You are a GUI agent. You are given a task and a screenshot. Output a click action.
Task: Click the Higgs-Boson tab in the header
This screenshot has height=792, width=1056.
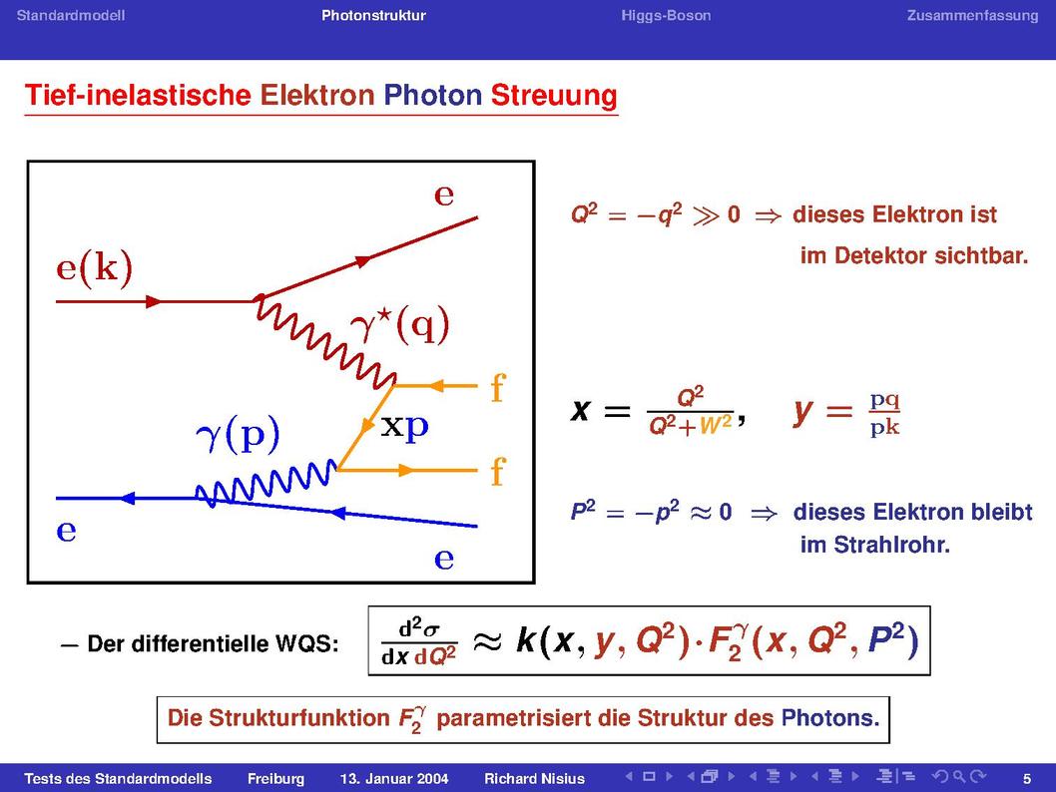[x=666, y=16]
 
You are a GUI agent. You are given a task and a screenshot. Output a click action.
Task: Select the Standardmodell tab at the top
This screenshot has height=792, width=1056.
[x=71, y=16]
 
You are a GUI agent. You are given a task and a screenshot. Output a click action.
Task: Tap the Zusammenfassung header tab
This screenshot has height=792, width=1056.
[x=972, y=16]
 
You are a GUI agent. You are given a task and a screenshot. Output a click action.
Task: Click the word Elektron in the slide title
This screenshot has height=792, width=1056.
[x=317, y=95]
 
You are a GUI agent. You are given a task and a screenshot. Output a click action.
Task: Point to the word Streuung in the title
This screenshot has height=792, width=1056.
[x=554, y=96]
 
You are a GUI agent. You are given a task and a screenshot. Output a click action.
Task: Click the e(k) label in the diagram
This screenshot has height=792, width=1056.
[x=94, y=268]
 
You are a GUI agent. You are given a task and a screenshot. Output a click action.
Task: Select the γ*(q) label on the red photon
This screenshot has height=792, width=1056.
[x=400, y=326]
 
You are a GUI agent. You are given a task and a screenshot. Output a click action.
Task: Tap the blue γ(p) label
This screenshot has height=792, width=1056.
[x=238, y=435]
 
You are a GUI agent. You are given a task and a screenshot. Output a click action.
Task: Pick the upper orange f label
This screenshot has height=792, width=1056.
[x=498, y=388]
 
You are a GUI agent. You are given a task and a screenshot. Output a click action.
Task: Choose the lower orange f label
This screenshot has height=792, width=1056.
[x=498, y=471]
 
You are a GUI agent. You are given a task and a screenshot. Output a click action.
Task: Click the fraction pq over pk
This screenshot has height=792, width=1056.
[x=884, y=414]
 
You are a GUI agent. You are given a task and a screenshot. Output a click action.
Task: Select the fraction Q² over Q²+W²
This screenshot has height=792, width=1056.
[x=691, y=411]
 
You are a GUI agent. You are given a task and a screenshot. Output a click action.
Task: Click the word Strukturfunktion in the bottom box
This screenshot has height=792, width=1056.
[x=299, y=718]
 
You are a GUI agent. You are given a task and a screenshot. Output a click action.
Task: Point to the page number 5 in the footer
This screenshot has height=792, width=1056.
[x=1027, y=779]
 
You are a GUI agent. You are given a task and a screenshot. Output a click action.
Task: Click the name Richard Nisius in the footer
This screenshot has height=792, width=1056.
[x=534, y=779]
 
